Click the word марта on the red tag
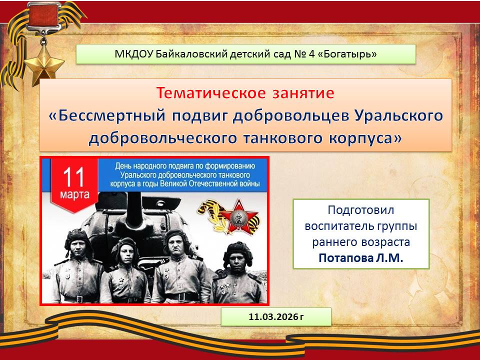tap(74, 195)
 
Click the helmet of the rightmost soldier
tap(238, 252)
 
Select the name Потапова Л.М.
tap(361, 258)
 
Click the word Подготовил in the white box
tap(361, 210)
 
